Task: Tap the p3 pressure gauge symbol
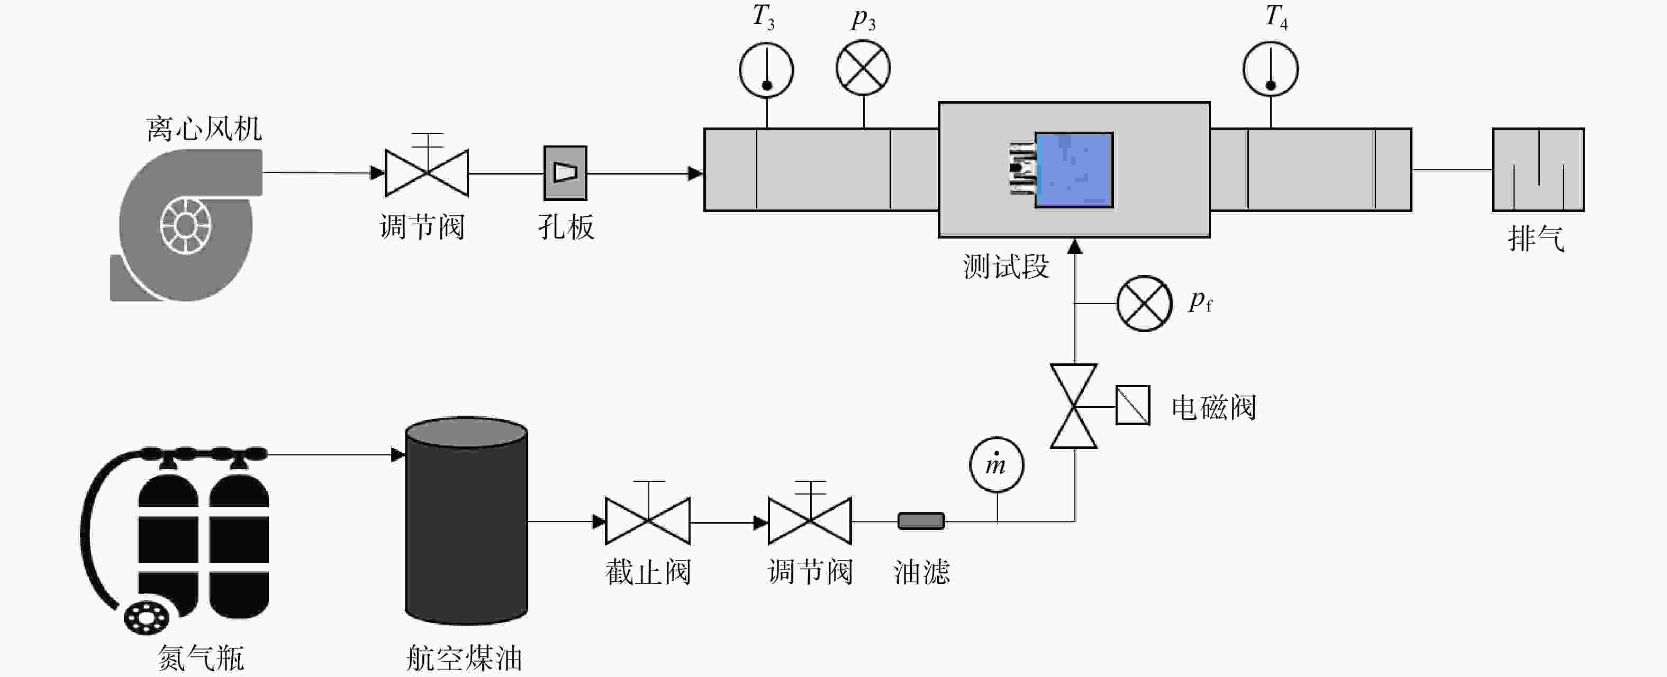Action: (863, 68)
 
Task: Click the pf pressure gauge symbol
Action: (1144, 303)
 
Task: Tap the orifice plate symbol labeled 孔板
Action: (565, 172)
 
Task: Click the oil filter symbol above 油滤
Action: (921, 520)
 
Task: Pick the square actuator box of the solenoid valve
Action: (1133, 406)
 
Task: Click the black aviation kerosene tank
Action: (466, 520)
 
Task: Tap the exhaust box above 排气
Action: (1537, 169)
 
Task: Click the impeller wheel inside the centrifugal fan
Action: (185, 226)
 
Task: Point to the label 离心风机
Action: (204, 129)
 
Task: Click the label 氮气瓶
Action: (201, 659)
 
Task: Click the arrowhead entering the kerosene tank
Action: (397, 454)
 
